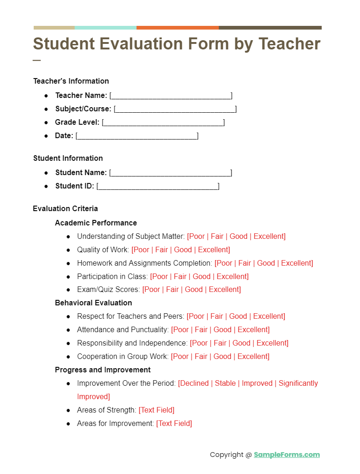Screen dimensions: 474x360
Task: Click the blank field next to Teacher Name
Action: (x=171, y=96)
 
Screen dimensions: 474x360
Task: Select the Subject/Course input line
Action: (x=175, y=109)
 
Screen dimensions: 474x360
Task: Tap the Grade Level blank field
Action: (x=163, y=122)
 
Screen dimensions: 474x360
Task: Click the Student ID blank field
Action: (x=158, y=186)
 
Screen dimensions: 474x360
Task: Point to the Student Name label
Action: (x=81, y=173)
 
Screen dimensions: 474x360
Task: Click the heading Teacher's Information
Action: (x=71, y=81)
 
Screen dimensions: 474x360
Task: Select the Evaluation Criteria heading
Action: (x=65, y=209)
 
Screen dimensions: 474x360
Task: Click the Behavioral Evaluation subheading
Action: (x=93, y=303)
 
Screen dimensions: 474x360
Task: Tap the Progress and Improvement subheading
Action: (x=102, y=370)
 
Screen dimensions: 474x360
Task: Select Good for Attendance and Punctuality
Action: (x=222, y=330)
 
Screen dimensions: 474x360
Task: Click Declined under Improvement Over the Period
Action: (x=194, y=383)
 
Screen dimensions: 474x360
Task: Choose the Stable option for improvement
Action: (x=225, y=383)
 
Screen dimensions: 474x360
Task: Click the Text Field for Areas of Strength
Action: (x=156, y=410)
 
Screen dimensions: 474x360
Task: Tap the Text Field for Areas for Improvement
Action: (x=174, y=424)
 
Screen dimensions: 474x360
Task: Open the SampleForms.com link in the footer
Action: (x=287, y=455)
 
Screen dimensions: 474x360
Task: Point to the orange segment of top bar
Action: (x=177, y=28)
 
